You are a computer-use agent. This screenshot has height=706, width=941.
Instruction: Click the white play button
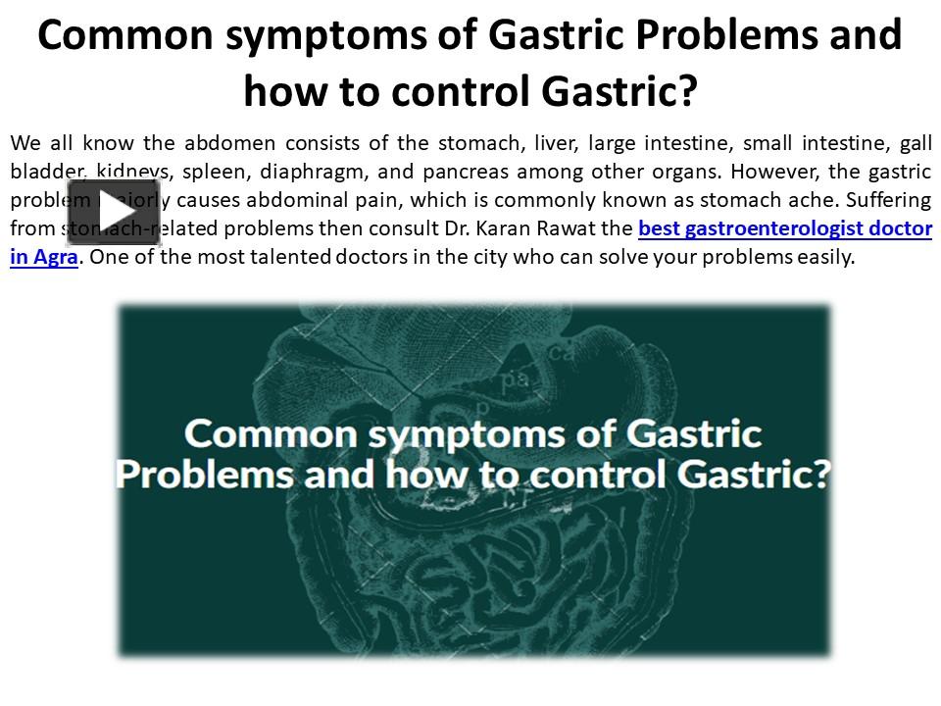(113, 212)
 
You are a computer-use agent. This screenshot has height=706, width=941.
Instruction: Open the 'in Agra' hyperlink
(44, 258)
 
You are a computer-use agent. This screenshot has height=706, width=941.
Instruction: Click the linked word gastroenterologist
(780, 229)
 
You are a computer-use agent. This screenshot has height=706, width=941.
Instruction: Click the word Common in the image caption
(260, 433)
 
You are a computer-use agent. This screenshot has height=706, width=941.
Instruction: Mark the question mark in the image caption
(819, 474)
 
